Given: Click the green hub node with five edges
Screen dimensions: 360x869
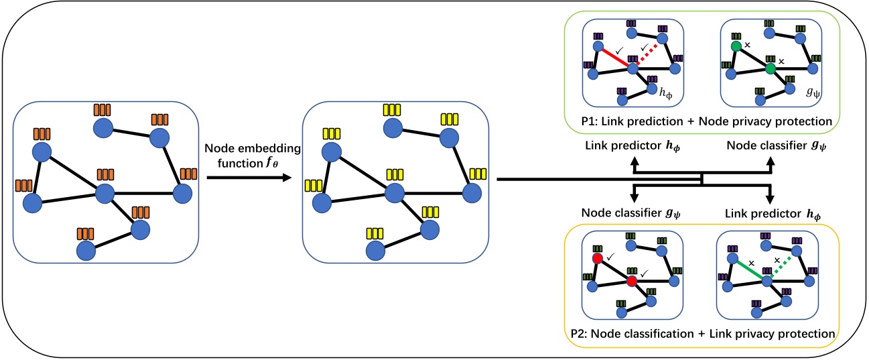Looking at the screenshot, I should (771, 68).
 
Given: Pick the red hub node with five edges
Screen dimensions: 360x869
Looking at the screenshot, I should (631, 282).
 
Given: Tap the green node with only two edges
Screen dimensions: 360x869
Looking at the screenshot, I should (735, 46).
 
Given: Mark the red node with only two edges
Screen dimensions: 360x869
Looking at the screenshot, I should (596, 259).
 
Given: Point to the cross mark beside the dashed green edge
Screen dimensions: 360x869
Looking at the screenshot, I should (777, 259).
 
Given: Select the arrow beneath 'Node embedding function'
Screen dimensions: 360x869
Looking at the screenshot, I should (247, 178).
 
